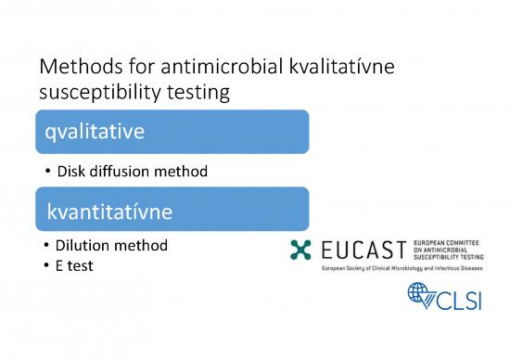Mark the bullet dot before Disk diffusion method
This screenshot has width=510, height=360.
tap(46, 172)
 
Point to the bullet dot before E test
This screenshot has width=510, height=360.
tap(46, 264)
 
